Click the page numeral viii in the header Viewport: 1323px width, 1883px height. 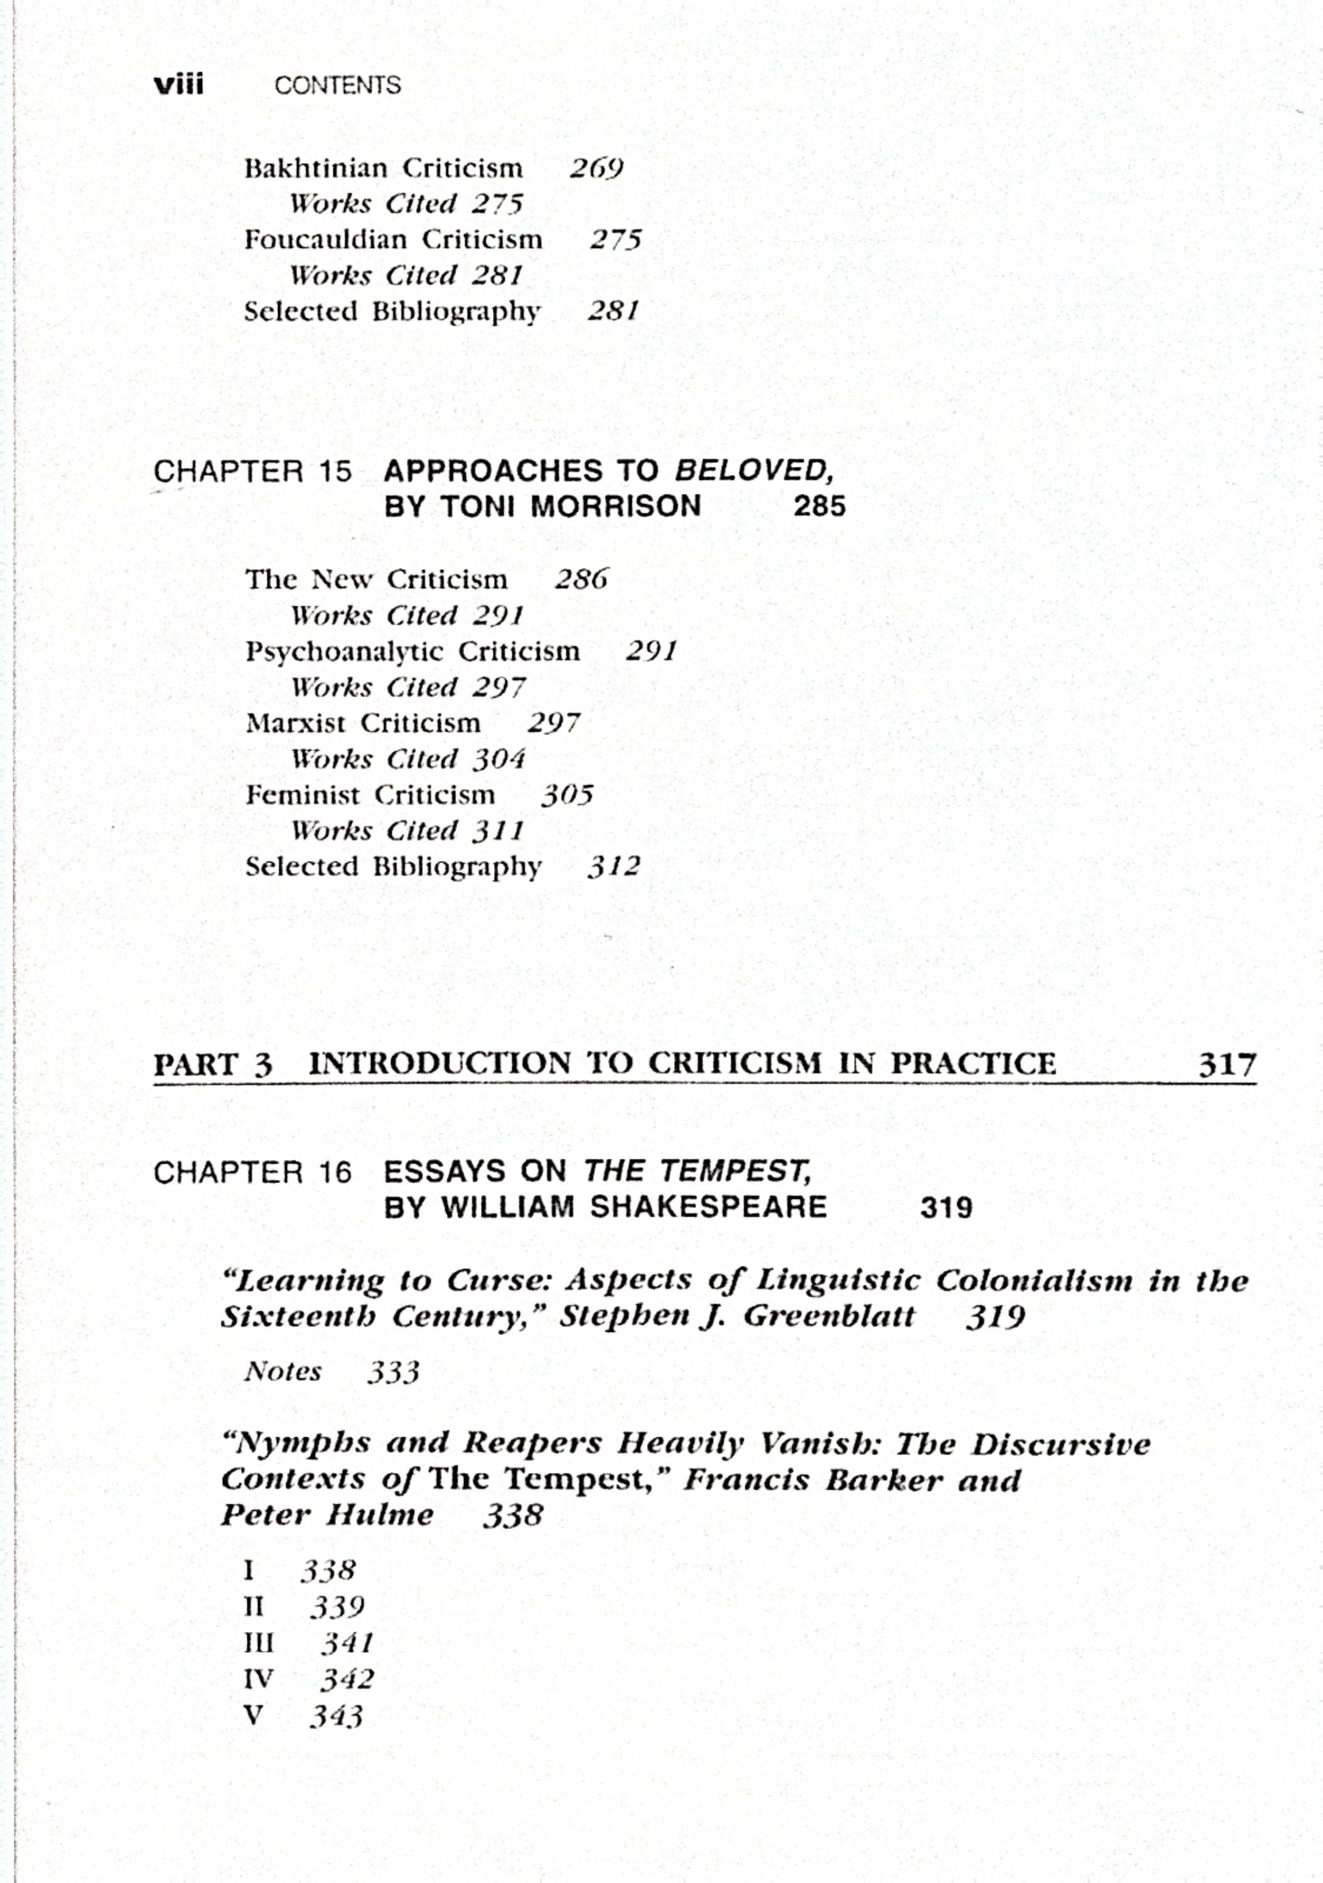[x=179, y=85]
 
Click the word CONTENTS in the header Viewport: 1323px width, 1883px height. [x=337, y=85]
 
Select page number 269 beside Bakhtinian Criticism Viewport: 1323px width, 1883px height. [x=597, y=168]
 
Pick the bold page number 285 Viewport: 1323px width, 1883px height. [x=819, y=506]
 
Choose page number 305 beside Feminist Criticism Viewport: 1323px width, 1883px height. [x=567, y=795]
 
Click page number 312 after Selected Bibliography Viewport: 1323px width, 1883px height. [x=613, y=867]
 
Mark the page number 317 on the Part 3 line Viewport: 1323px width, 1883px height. [x=1227, y=1065]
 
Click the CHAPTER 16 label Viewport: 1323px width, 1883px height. [x=252, y=1172]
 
